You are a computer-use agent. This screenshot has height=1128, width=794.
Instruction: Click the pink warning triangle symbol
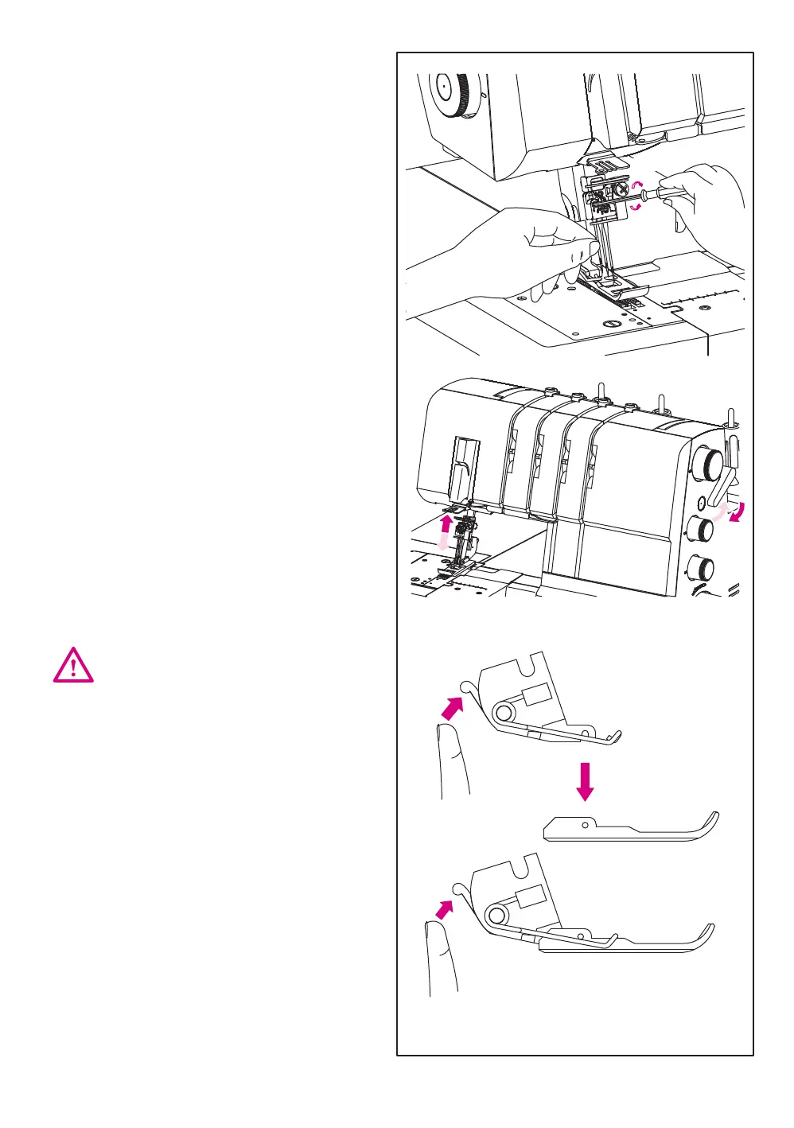coord(73,665)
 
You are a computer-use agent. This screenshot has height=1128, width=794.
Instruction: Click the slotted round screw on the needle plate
coord(610,324)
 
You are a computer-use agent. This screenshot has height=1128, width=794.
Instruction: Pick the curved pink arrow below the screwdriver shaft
coord(636,206)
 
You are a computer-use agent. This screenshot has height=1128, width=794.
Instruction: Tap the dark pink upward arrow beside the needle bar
coord(446,524)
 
